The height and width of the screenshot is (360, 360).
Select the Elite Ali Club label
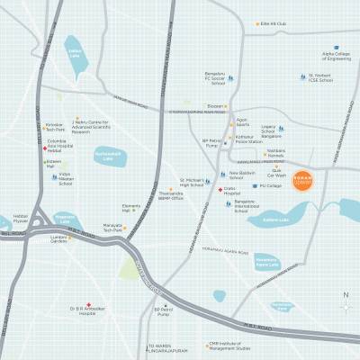(x=274, y=24)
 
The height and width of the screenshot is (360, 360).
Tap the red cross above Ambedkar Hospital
(x=88, y=304)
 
